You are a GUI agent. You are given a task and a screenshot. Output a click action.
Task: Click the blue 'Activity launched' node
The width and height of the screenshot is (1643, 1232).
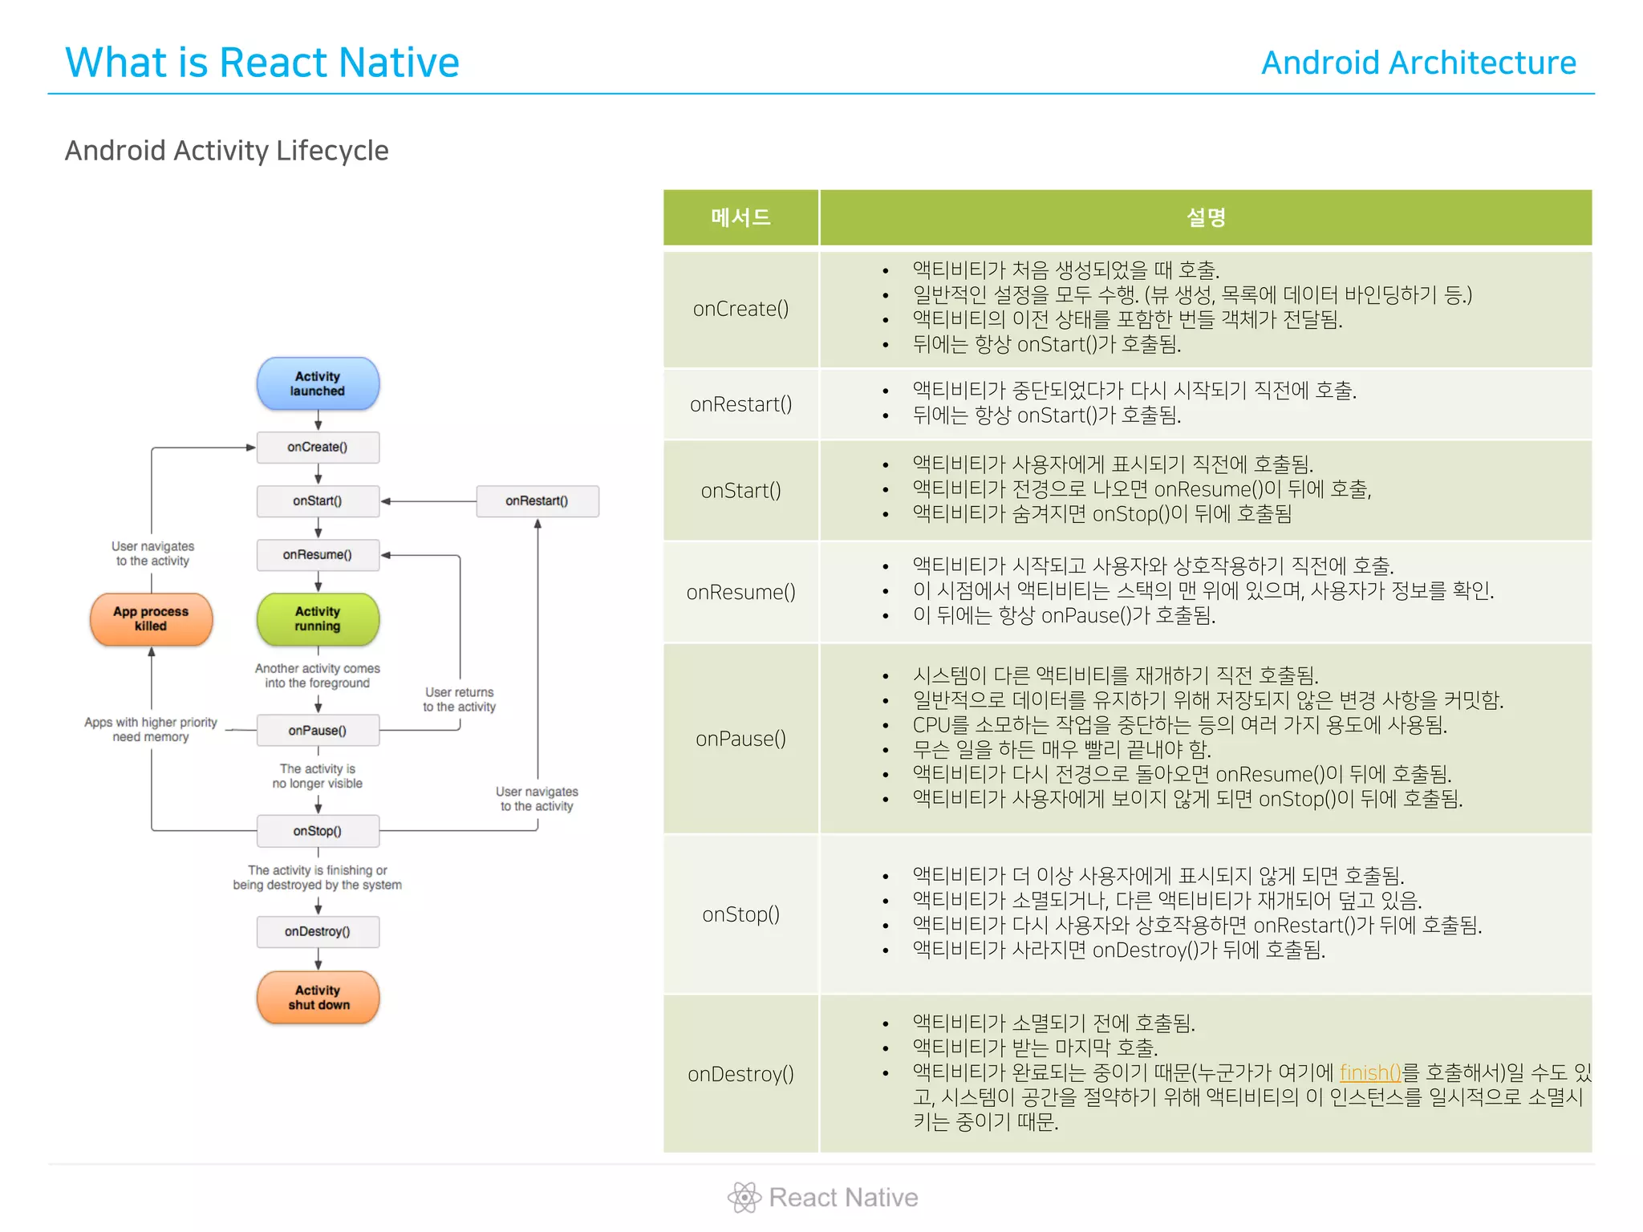[318, 383]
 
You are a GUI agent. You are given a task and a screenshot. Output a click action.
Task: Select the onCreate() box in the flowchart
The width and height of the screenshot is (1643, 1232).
[318, 448]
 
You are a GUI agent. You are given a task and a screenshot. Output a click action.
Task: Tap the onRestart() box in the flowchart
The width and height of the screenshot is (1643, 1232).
[537, 501]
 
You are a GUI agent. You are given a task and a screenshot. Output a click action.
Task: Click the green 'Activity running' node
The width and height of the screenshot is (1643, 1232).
[318, 618]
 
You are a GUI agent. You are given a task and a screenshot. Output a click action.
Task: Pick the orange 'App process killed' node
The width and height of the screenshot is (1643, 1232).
[151, 618]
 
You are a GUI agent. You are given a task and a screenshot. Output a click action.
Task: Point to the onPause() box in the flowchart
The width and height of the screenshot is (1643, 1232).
[318, 731]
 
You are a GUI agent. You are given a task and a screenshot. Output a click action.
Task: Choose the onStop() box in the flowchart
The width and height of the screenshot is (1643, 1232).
[318, 831]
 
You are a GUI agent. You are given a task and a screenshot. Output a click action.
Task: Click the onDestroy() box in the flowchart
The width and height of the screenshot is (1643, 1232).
[318, 931]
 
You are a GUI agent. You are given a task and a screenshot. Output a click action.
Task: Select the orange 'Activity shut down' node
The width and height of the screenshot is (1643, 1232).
[318, 997]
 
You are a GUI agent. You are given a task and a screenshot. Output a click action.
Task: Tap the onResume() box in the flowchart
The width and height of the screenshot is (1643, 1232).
[318, 555]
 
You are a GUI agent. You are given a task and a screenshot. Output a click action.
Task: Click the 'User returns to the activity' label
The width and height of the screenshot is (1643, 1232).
[459, 699]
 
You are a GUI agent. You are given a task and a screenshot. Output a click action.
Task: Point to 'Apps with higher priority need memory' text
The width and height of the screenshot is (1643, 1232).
[151, 730]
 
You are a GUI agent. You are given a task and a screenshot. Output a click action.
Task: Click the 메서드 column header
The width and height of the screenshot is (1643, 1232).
[740, 217]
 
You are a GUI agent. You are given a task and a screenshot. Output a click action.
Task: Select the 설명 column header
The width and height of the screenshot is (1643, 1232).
[1205, 217]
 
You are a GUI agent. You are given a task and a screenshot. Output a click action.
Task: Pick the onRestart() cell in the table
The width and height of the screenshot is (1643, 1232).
[740, 404]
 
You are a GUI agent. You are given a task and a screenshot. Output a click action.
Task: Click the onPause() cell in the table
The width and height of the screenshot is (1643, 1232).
[740, 739]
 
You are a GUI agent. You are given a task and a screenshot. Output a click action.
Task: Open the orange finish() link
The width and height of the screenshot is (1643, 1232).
[1369, 1072]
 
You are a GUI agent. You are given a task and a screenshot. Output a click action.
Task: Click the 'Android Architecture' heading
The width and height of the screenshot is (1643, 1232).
[1418, 63]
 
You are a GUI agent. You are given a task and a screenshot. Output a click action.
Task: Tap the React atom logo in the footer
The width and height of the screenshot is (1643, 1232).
[744, 1198]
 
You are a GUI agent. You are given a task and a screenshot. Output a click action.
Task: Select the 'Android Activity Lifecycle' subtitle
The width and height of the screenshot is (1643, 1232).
[227, 151]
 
